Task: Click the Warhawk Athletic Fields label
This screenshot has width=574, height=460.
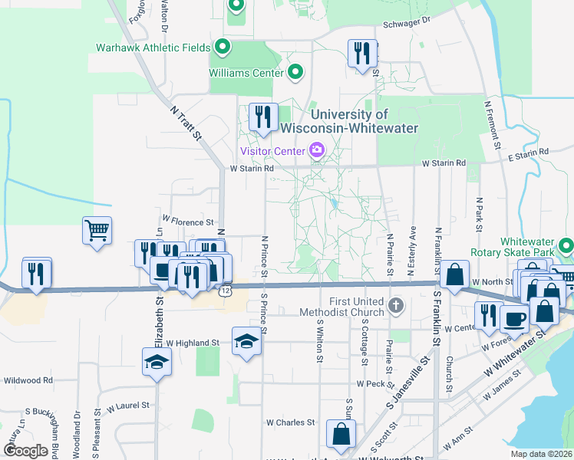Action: tap(153, 48)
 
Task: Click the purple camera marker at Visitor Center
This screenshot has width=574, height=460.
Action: tap(315, 150)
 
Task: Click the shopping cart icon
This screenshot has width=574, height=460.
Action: tap(97, 231)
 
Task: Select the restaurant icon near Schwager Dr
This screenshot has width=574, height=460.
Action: tap(362, 54)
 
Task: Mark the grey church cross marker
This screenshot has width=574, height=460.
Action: tap(396, 306)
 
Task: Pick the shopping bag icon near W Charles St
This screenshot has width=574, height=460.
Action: tap(340, 434)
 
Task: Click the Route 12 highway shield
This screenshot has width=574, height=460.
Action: tap(224, 292)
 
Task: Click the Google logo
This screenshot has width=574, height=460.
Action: tap(26, 451)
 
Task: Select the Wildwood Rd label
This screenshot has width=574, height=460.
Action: tap(28, 379)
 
